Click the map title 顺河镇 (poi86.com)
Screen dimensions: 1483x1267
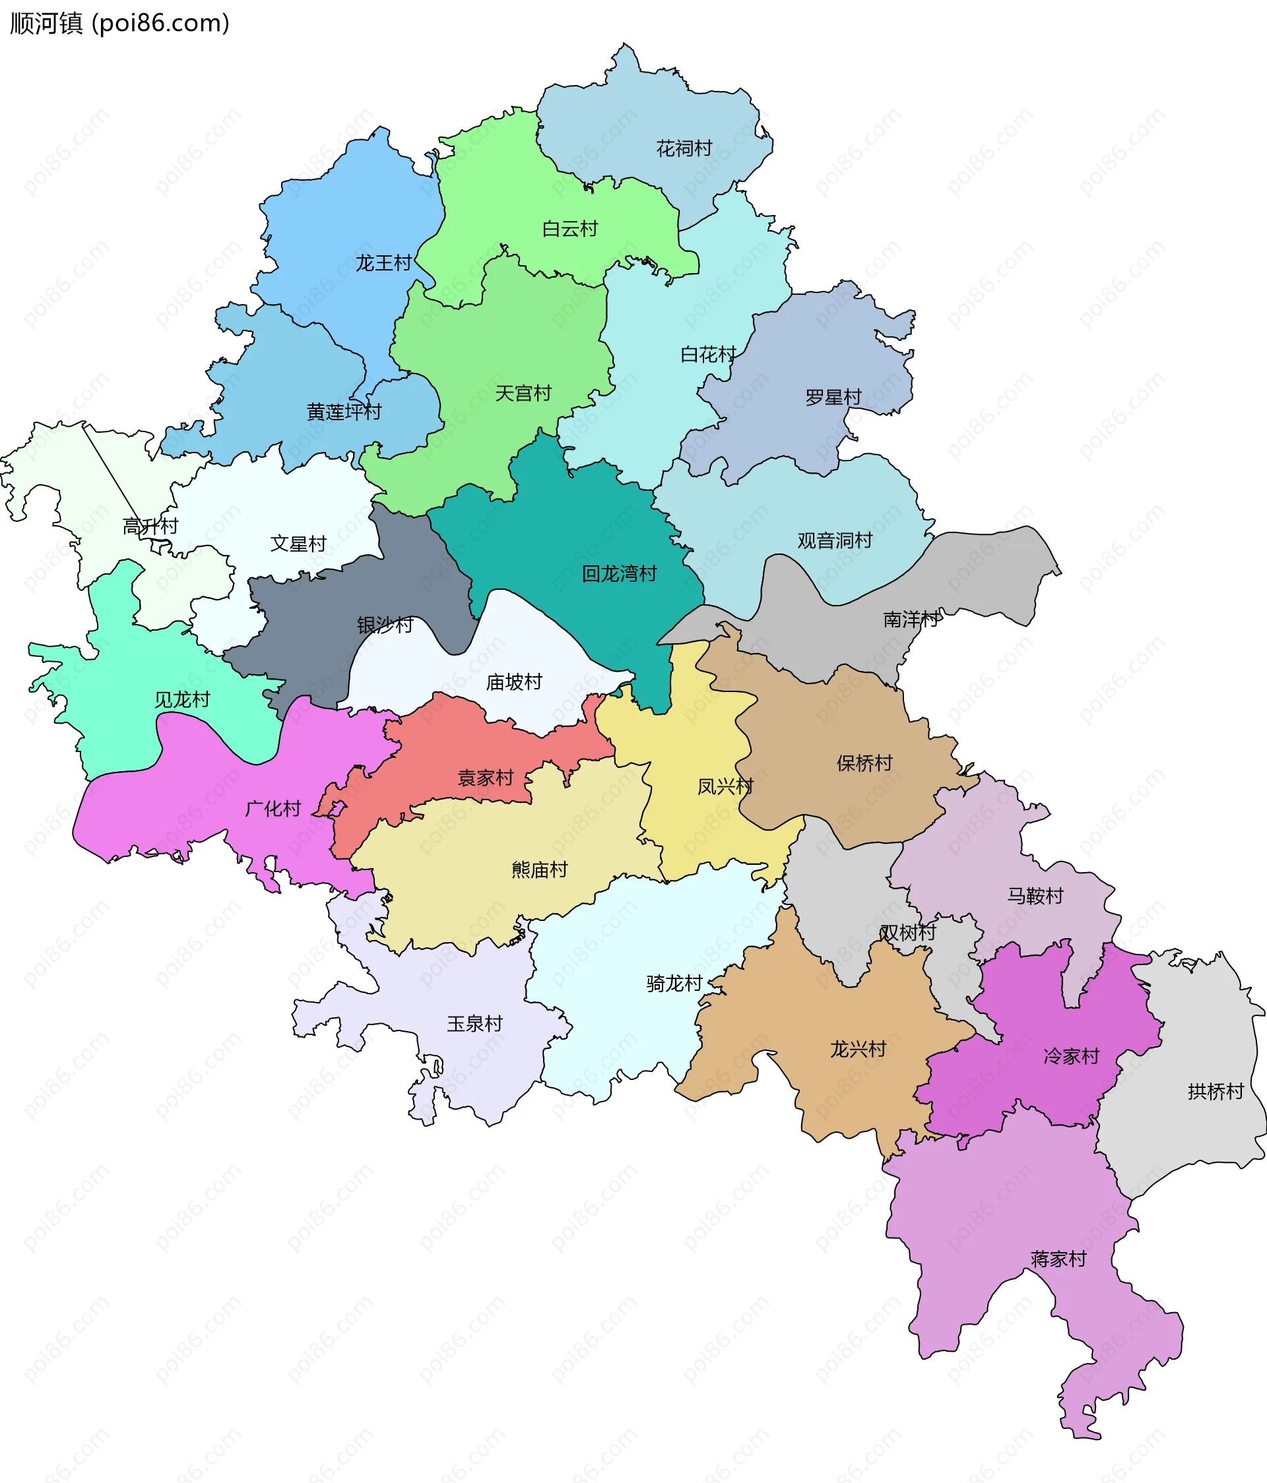(x=119, y=24)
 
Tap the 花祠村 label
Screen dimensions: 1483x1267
(x=684, y=148)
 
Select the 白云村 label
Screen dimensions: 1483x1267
(x=569, y=229)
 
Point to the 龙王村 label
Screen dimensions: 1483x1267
(x=383, y=263)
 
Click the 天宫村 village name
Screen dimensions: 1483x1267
(x=523, y=394)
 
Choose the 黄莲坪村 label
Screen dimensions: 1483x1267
(x=344, y=412)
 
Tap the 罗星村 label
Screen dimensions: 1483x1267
(x=833, y=397)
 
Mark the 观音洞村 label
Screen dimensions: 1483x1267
(x=835, y=541)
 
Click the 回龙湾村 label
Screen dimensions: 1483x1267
(x=619, y=574)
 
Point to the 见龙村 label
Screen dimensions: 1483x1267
(x=183, y=700)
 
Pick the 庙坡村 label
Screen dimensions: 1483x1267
(x=514, y=683)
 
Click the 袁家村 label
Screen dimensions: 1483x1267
(x=485, y=778)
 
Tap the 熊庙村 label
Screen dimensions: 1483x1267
(x=540, y=869)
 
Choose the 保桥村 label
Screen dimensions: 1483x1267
(x=864, y=764)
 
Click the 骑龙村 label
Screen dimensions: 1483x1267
(x=674, y=984)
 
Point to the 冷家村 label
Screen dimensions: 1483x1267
(x=1071, y=1056)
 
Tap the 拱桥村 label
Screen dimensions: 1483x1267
(x=1216, y=1092)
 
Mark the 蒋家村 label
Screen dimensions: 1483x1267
(x=1058, y=1259)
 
